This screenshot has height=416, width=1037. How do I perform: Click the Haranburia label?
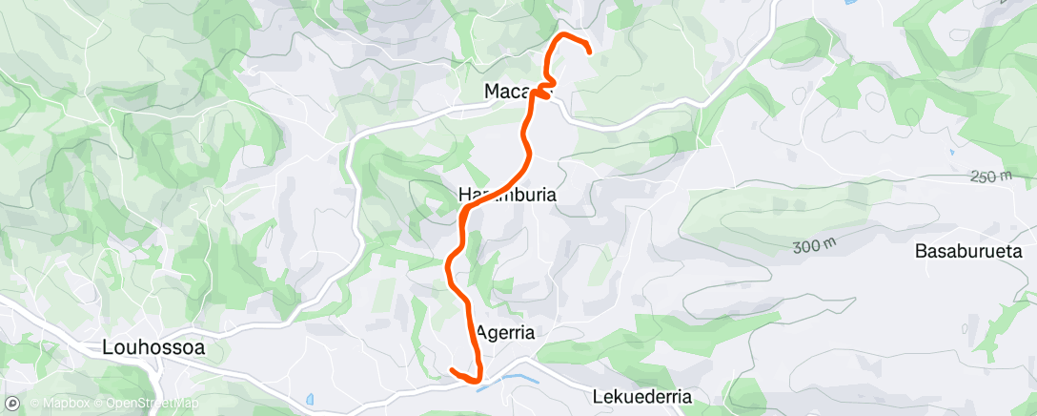pyautogui.click(x=507, y=195)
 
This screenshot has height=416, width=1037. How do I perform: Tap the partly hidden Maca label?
pyautogui.click(x=507, y=92)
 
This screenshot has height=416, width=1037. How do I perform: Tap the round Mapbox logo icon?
pyautogui.click(x=13, y=403)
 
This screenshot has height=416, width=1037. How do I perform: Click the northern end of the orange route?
pyautogui.click(x=589, y=51)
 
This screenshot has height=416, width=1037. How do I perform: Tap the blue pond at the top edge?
pyautogui.click(x=849, y=3)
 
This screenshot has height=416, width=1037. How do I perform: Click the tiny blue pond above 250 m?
pyautogui.click(x=951, y=152)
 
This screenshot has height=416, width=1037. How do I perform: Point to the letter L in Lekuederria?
pyautogui.click(x=597, y=396)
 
